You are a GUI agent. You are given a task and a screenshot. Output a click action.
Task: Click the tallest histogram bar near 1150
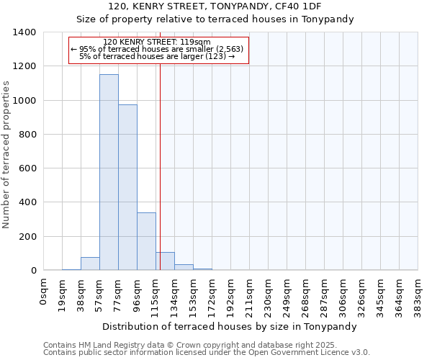click(109, 173)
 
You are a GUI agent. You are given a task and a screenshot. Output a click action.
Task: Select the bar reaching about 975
click(127, 187)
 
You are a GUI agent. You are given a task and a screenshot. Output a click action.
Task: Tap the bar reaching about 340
click(146, 241)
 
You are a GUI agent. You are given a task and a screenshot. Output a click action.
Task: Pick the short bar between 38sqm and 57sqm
click(90, 264)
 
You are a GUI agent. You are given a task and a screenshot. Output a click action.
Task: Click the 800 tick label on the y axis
click(27, 135)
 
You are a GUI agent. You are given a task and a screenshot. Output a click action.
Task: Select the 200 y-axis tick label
click(27, 237)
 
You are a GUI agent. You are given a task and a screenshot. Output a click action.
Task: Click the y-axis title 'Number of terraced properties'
click(7, 155)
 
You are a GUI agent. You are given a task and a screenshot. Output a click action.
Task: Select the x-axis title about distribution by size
click(230, 326)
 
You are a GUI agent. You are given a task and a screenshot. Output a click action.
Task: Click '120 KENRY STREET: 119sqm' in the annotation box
click(157, 42)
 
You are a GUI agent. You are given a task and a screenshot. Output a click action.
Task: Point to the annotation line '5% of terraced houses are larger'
click(157, 56)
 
